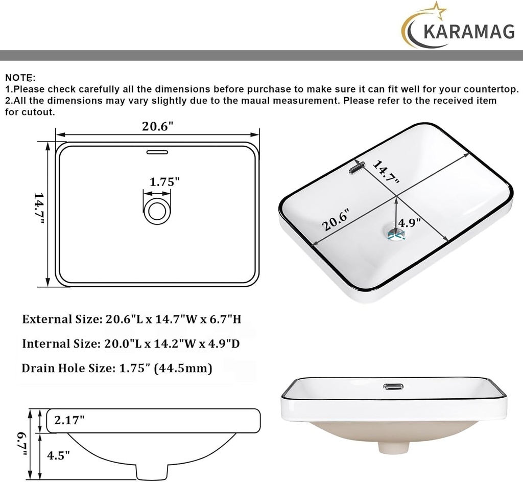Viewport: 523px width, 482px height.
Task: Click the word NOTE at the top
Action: pos(19,78)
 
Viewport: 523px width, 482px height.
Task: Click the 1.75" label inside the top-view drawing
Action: pos(164,181)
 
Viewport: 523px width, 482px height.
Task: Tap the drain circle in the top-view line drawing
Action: pos(157,211)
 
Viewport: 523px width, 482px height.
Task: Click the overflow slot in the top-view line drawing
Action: pos(157,152)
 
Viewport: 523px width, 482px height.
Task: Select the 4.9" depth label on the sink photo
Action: pos(409,223)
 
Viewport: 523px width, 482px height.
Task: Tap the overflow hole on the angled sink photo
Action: pos(355,167)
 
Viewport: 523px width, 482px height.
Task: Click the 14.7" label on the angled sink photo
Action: pos(385,172)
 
